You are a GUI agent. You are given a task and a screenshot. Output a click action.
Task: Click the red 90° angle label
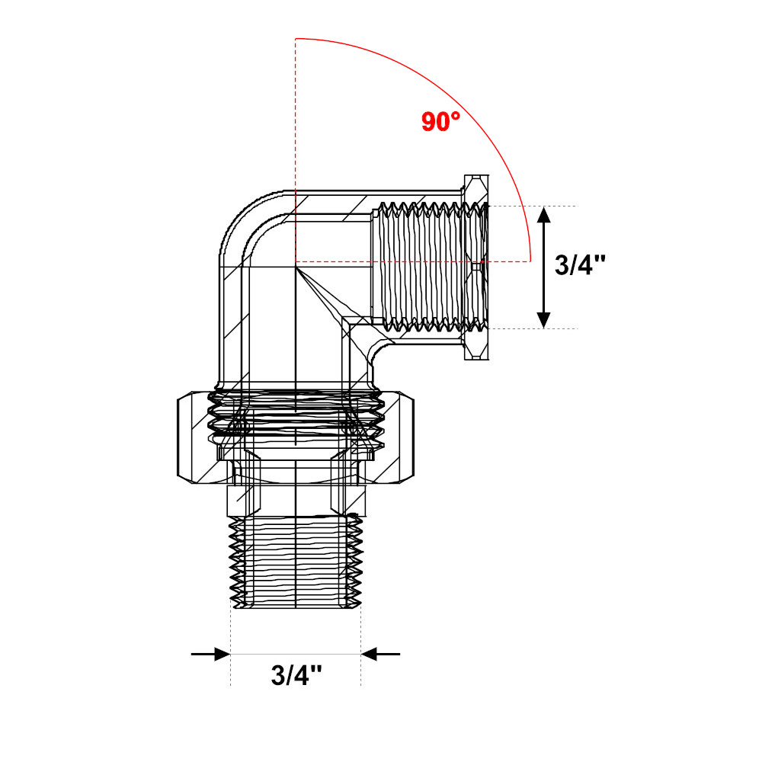click(440, 121)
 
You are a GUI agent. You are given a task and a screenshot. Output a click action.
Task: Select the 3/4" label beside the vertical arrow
click(580, 265)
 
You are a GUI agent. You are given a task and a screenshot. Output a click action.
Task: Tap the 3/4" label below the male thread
click(296, 675)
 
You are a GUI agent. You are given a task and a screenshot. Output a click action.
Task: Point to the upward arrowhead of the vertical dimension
click(544, 215)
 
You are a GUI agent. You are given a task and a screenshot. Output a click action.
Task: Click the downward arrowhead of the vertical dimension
click(544, 320)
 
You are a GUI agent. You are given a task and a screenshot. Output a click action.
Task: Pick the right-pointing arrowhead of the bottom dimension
click(222, 654)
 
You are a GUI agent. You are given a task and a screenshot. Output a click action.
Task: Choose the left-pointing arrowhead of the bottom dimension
click(370, 654)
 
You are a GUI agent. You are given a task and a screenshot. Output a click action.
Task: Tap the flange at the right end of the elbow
click(476, 267)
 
